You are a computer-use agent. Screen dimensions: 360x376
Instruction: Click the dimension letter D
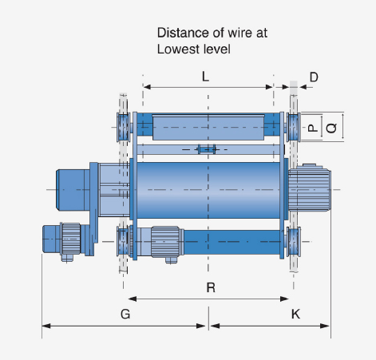[314, 77]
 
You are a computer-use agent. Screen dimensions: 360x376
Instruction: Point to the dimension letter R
[210, 288]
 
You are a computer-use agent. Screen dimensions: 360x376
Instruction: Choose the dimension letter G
[125, 315]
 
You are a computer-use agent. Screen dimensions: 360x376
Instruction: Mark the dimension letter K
[295, 315]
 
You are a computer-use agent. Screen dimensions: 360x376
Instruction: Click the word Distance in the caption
[181, 34]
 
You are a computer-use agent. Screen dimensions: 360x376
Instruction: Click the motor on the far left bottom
[61, 237]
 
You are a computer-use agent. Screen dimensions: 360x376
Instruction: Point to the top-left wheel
[123, 125]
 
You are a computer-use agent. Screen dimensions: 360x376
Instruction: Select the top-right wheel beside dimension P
[293, 126]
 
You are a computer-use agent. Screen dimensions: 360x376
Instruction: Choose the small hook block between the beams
[208, 149]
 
